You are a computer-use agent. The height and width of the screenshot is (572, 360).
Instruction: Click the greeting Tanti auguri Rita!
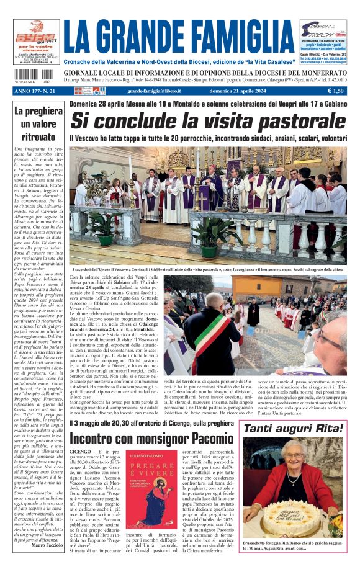tap(293, 428)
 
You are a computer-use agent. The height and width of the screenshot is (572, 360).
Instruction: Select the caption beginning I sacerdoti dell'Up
tap(205, 270)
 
